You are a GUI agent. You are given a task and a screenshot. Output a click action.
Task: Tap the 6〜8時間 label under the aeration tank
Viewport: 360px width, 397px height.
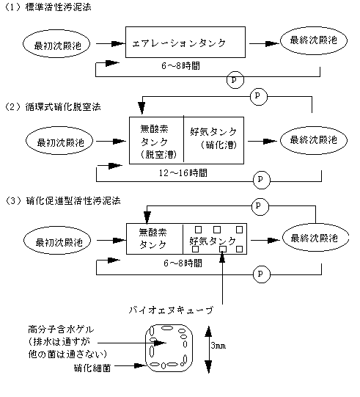click(180, 66)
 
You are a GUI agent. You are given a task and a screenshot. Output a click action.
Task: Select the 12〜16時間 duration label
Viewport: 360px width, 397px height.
click(183, 173)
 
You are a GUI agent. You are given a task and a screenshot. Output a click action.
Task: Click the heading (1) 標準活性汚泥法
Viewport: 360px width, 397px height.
click(48, 7)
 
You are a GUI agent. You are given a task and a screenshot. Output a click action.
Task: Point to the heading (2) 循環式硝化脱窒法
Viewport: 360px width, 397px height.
click(53, 107)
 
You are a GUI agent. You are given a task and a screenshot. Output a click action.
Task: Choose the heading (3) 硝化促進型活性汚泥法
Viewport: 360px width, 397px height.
click(62, 201)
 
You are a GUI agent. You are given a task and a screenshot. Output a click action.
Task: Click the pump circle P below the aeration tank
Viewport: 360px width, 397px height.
click(235, 80)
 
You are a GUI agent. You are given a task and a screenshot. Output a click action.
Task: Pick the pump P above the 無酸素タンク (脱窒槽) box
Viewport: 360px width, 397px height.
click(259, 96)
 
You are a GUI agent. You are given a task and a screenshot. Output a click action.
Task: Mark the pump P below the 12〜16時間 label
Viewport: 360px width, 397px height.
click(262, 180)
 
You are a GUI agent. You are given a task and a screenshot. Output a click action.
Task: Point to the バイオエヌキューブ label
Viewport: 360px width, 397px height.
click(171, 310)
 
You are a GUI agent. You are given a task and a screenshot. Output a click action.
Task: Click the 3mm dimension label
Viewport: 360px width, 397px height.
click(218, 346)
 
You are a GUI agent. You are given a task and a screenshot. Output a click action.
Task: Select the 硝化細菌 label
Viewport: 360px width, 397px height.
click(92, 368)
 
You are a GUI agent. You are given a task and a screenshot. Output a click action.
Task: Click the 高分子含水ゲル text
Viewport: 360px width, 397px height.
click(61, 329)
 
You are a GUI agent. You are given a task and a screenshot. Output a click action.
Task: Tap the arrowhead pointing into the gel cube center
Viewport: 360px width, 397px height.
click(160, 343)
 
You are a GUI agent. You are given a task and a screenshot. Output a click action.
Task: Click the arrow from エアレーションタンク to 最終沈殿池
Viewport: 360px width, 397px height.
click(264, 43)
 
